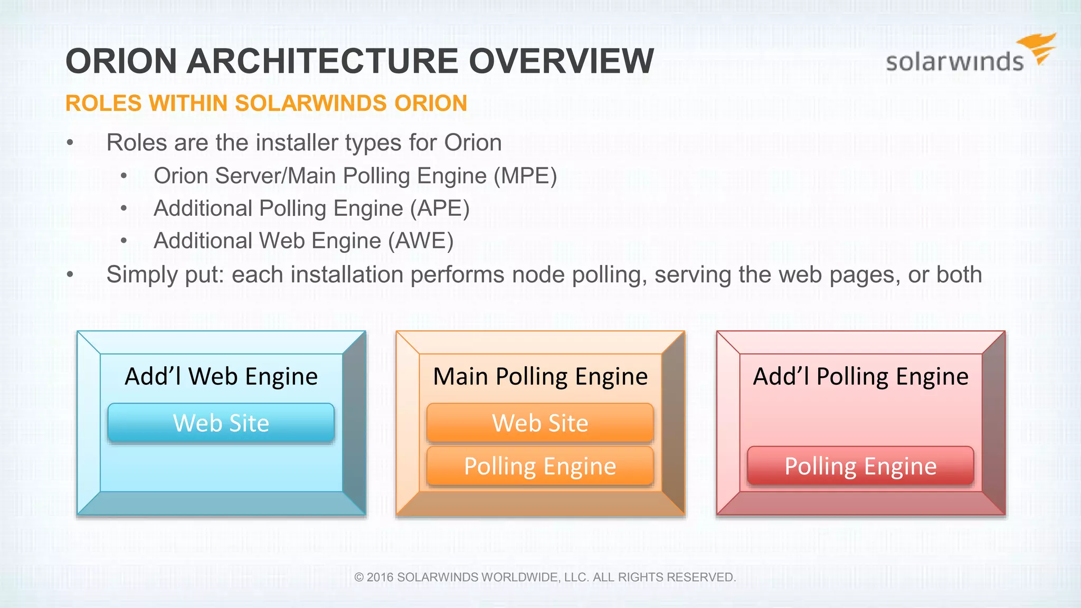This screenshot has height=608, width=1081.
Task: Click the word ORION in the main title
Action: tap(121, 61)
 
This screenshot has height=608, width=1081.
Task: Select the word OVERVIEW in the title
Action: tap(562, 61)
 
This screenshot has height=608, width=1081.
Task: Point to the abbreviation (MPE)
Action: tap(525, 176)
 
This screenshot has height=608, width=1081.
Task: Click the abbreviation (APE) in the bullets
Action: tap(440, 208)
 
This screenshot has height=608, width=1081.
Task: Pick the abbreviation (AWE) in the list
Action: tap(421, 241)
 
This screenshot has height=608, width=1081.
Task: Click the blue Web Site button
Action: tap(221, 423)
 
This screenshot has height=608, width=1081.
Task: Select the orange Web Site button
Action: tap(540, 423)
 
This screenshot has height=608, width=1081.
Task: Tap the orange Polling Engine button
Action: tap(540, 466)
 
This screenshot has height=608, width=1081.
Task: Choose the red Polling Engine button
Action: tap(860, 466)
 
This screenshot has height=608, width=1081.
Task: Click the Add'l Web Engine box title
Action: tap(221, 377)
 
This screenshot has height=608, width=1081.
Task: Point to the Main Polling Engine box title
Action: tap(540, 377)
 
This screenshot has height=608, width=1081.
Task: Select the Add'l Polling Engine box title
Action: tap(860, 377)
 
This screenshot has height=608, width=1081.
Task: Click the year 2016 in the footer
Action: tap(380, 577)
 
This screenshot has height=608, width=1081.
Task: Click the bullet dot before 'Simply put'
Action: tap(70, 274)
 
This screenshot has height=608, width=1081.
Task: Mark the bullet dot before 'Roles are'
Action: tap(70, 142)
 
